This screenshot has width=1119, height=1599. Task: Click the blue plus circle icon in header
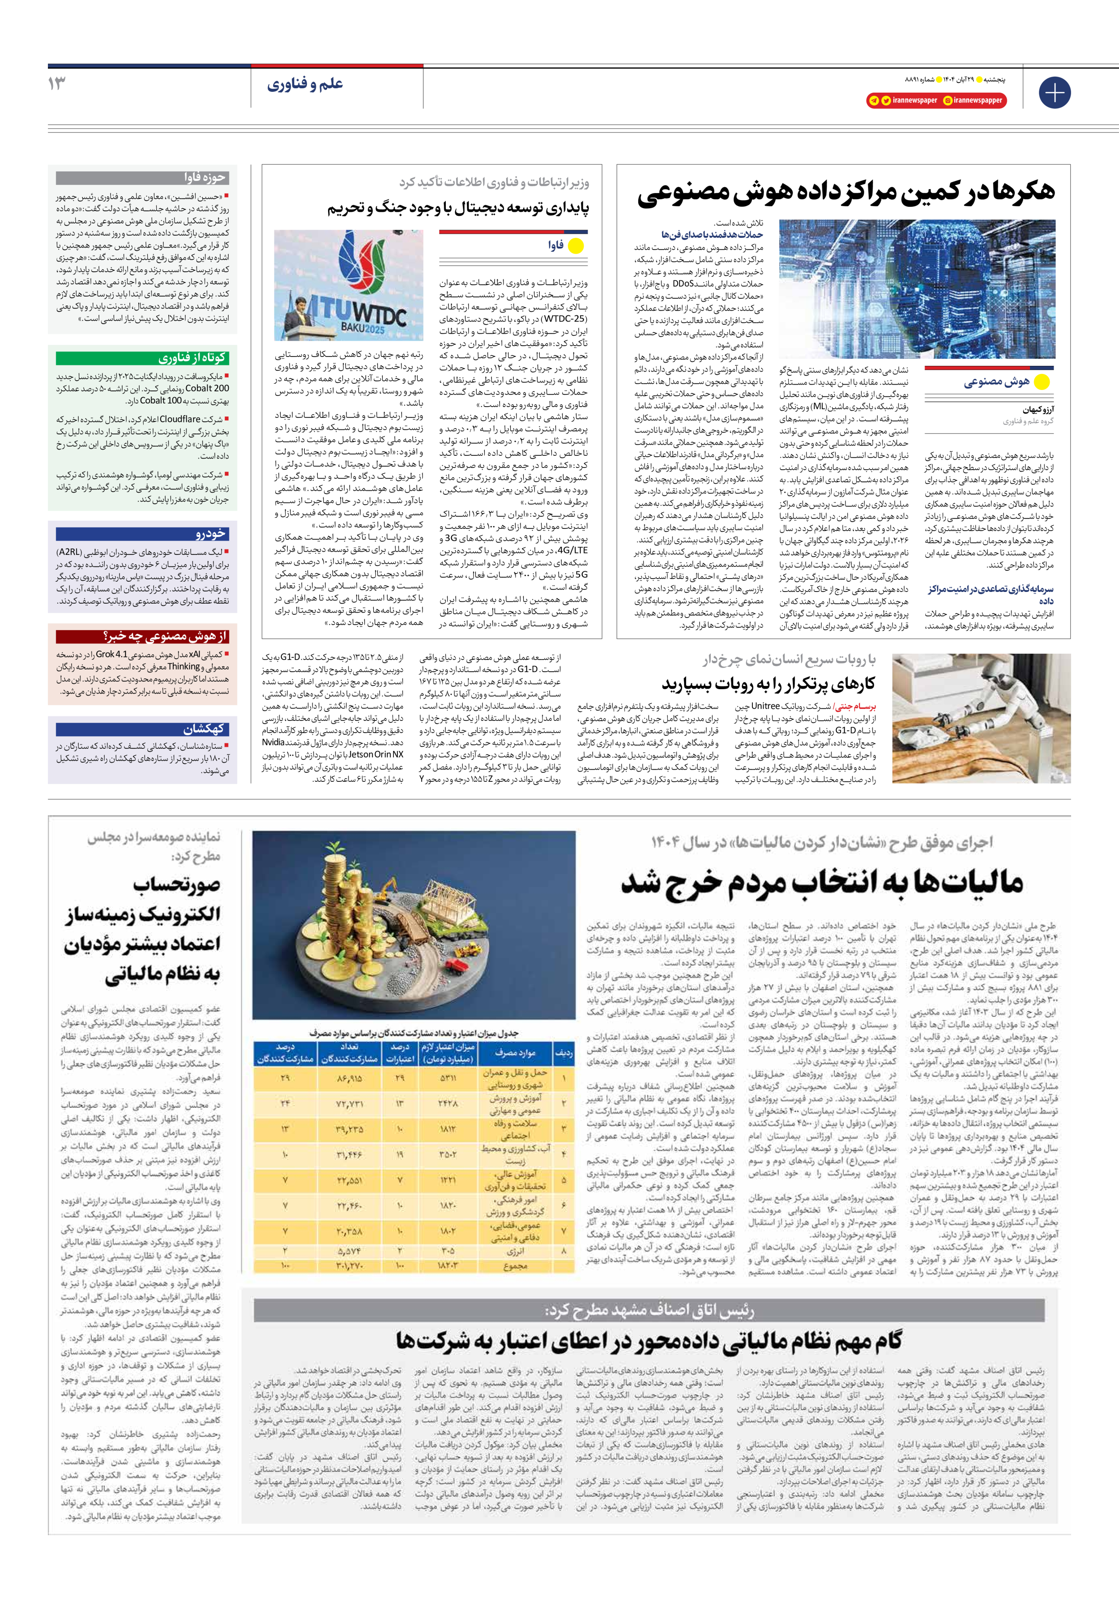tap(1054, 93)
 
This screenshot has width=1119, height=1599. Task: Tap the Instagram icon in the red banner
tap(948, 100)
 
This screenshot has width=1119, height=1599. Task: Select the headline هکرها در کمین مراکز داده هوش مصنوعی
tap(846, 192)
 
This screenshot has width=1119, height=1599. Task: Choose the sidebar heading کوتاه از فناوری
tap(192, 358)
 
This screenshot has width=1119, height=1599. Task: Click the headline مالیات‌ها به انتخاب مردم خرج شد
tap(822, 883)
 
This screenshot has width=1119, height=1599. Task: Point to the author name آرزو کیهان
tap(1038, 410)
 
